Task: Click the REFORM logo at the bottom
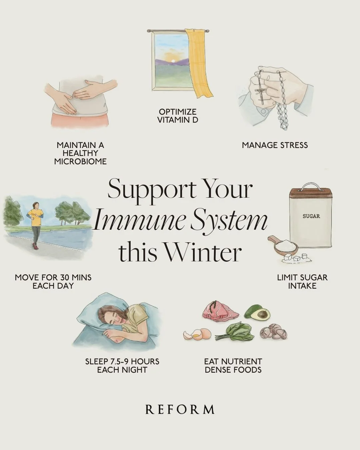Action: click(180, 409)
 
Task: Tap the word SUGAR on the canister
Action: click(311, 216)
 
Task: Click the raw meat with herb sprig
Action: click(220, 312)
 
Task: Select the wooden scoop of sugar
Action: click(283, 247)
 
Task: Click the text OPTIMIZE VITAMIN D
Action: click(177, 116)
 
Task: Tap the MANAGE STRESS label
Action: click(275, 145)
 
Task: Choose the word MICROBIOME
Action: click(80, 161)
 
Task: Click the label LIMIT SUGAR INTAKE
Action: click(302, 281)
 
